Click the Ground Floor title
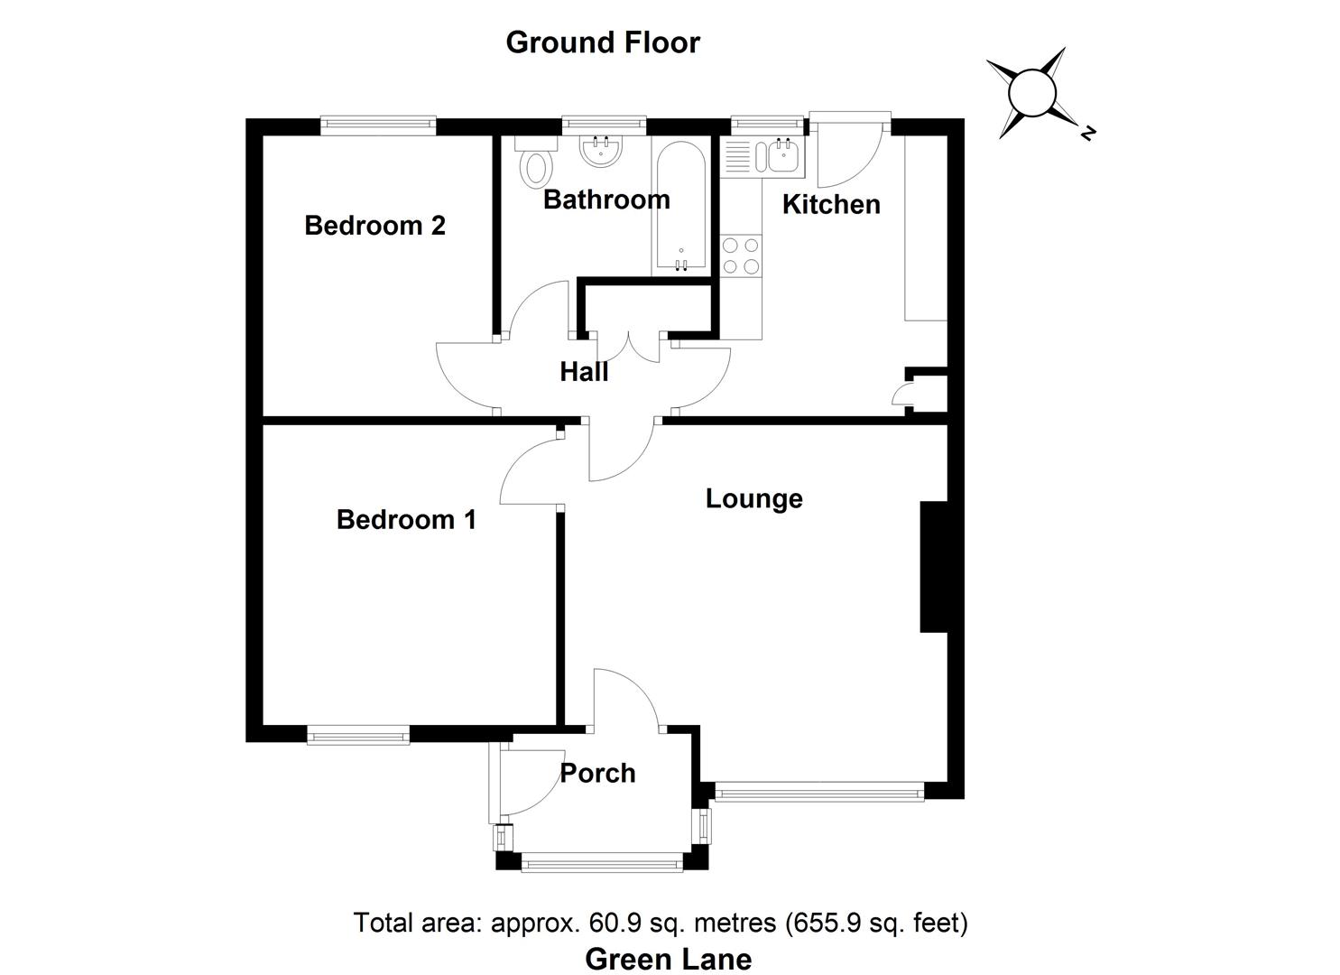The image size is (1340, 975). (602, 42)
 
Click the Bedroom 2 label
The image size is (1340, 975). (374, 225)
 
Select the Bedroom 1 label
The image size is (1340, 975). (406, 519)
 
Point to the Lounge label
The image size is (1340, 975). (753, 498)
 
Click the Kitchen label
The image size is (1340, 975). (830, 204)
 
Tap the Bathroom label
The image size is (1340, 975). (606, 200)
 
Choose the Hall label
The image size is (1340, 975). (584, 372)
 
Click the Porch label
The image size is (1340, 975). (597, 773)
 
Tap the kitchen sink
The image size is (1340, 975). (774, 156)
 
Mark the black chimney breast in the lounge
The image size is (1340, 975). (933, 567)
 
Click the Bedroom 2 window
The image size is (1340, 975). (378, 125)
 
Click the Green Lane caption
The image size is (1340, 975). (668, 959)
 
